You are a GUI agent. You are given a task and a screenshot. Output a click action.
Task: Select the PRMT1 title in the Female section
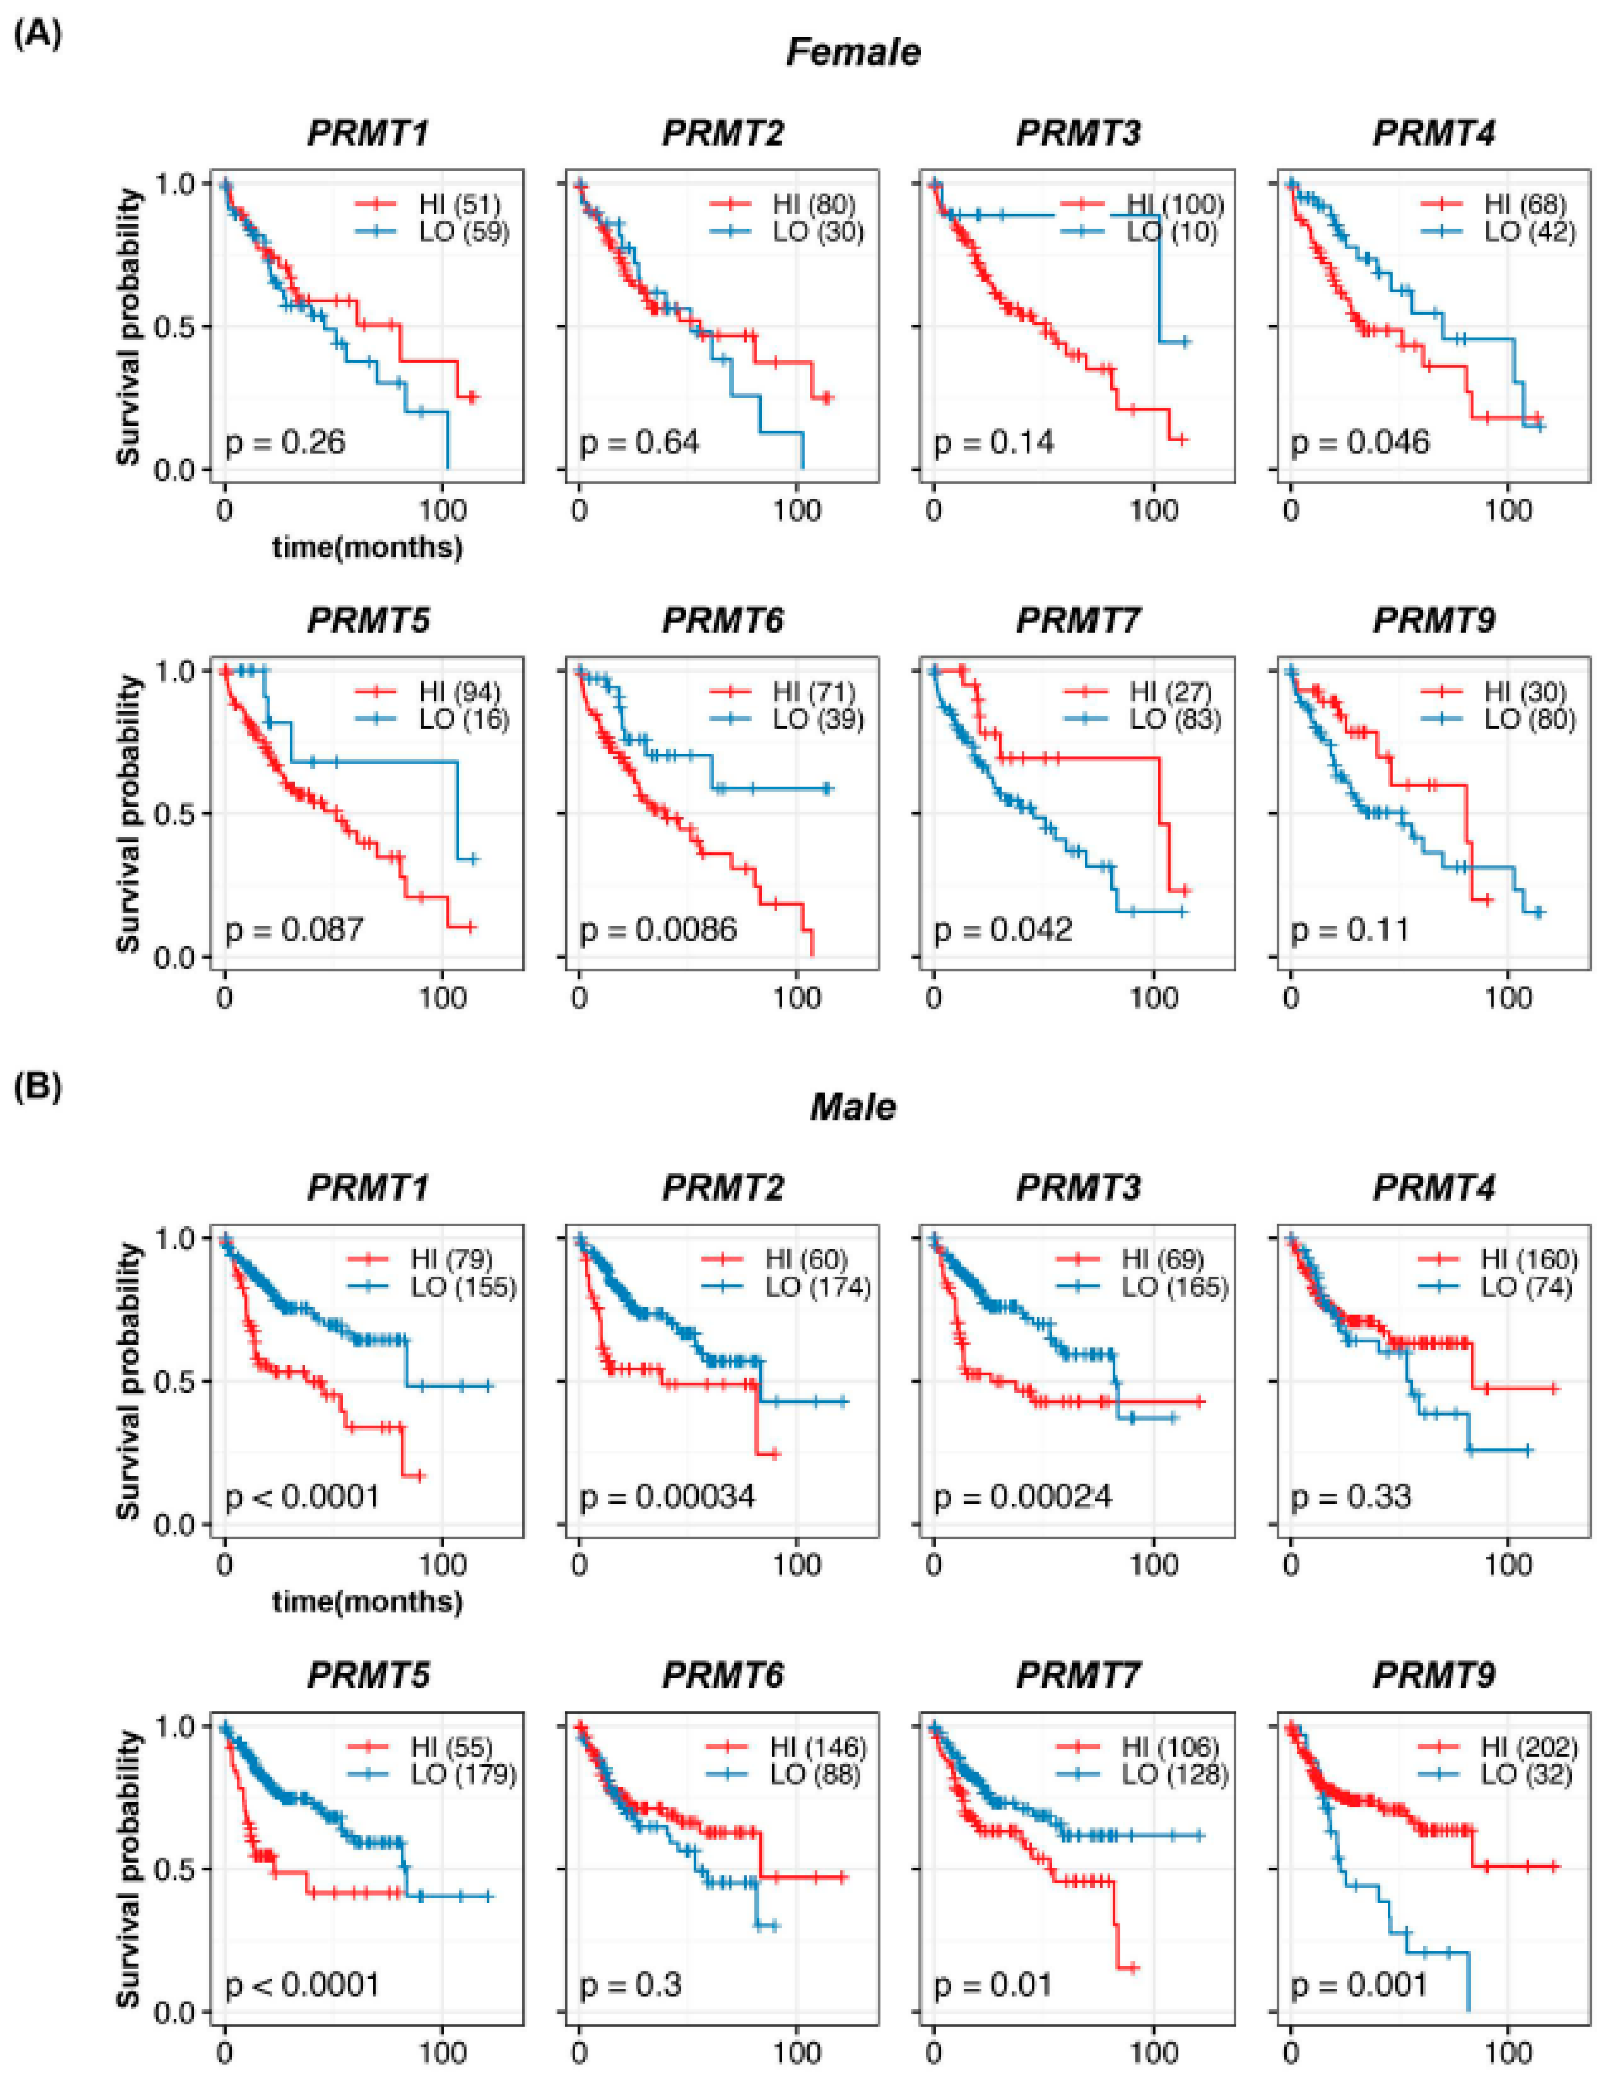pyautogui.click(x=368, y=132)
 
